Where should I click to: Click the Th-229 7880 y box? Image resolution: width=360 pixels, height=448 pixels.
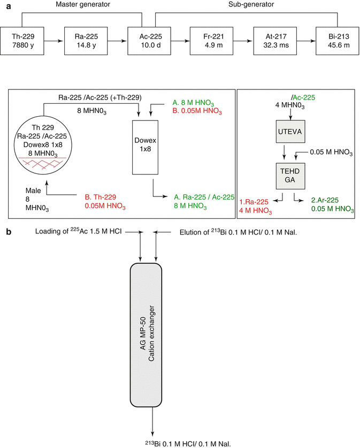point(26,41)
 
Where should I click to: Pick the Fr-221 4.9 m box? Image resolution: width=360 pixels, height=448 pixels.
point(210,41)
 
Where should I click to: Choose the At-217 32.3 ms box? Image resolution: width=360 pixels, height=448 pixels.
point(271,41)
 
